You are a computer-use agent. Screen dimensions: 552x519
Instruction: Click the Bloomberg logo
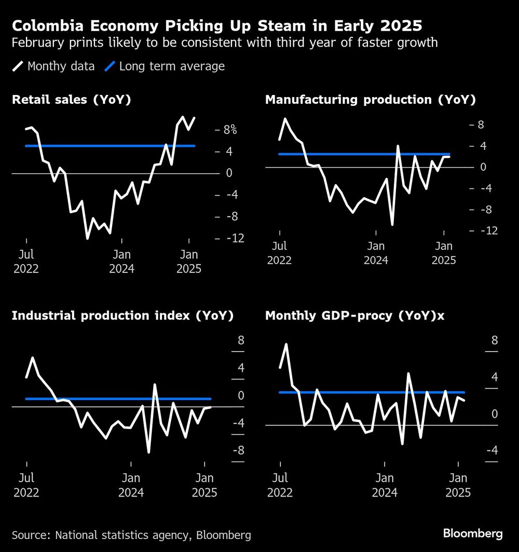[472, 533]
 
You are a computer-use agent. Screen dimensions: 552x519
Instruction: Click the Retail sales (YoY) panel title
[71, 100]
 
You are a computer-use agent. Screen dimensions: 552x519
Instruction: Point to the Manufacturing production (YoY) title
[370, 100]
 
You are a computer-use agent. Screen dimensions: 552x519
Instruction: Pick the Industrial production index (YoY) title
[122, 315]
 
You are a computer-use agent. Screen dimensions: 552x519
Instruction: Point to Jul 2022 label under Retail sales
[26, 261]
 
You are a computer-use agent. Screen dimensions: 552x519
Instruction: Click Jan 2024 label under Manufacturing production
[376, 253]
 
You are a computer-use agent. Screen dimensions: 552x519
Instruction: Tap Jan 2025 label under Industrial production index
[204, 485]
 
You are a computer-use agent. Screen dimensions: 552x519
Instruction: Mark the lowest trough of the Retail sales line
[87, 238]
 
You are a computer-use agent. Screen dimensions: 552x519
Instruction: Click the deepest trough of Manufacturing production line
[392, 225]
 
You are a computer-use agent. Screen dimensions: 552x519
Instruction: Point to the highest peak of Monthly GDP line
[286, 344]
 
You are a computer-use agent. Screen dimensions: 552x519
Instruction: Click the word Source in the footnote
[28, 535]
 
